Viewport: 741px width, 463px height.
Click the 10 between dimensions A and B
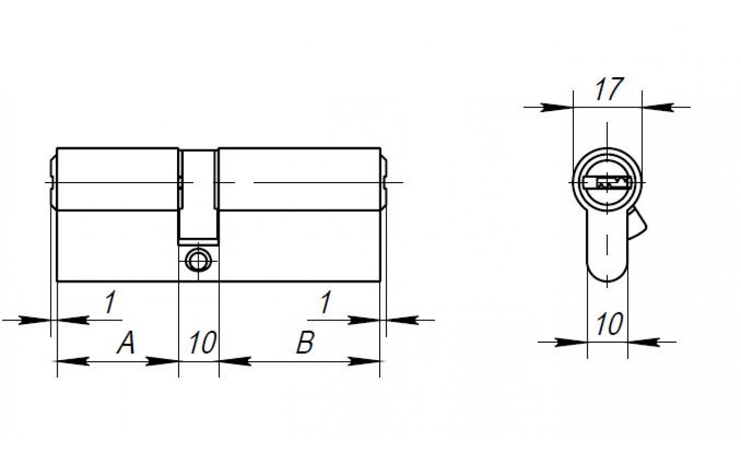203,342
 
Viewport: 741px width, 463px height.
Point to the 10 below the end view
609,324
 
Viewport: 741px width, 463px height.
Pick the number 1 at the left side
110,302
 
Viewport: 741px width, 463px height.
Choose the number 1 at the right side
326,302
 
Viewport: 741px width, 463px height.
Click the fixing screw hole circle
198,261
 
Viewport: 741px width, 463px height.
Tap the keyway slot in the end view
607,183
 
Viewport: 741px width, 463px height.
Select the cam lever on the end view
637,223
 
